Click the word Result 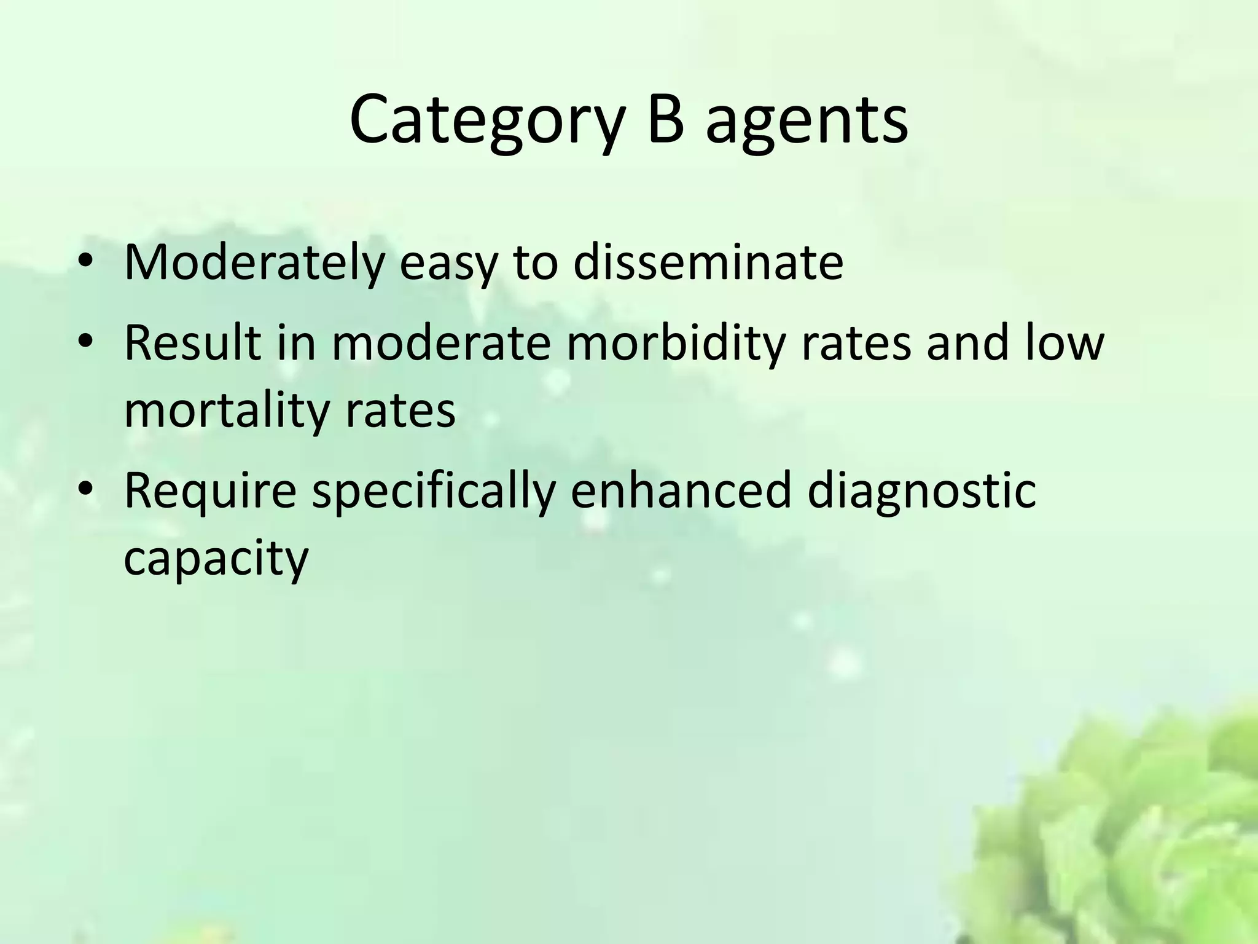point(193,342)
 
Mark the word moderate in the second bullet point(441,342)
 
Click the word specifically point(434,492)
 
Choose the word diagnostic point(921,492)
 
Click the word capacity point(216,559)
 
